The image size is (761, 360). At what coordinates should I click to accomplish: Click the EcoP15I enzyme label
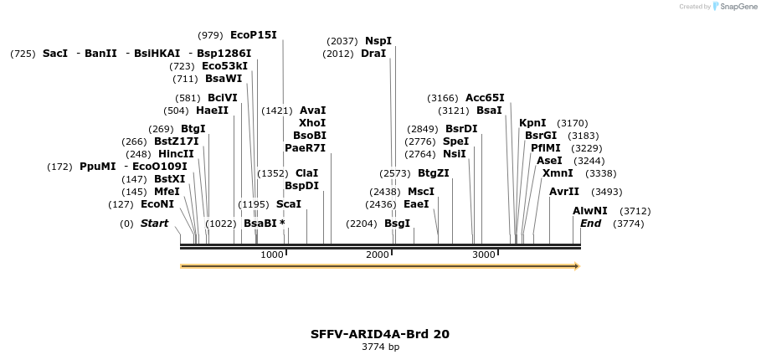[253, 35]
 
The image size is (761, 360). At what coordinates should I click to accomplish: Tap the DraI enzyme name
[373, 54]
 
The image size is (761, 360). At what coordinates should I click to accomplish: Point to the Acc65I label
[485, 97]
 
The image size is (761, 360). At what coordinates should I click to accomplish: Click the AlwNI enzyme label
[589, 211]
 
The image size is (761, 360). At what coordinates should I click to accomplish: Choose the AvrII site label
[563, 192]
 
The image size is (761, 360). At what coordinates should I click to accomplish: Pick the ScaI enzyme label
[288, 204]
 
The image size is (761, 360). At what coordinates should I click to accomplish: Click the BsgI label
[397, 224]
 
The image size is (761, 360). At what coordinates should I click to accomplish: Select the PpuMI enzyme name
[97, 167]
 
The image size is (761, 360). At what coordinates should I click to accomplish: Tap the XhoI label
[312, 122]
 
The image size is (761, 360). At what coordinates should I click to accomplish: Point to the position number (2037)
[342, 41]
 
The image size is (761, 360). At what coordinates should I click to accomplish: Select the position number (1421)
[277, 111]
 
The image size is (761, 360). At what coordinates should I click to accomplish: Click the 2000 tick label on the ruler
[378, 255]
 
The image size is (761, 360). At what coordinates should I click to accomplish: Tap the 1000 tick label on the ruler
[272, 255]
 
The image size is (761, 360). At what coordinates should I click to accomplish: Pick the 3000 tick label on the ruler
[484, 255]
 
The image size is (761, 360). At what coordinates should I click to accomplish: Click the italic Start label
[154, 224]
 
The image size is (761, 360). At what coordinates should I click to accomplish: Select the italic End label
[590, 224]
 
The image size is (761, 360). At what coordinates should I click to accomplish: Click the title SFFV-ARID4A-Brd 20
[379, 333]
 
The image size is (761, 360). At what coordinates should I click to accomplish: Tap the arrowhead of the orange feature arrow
[576, 266]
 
